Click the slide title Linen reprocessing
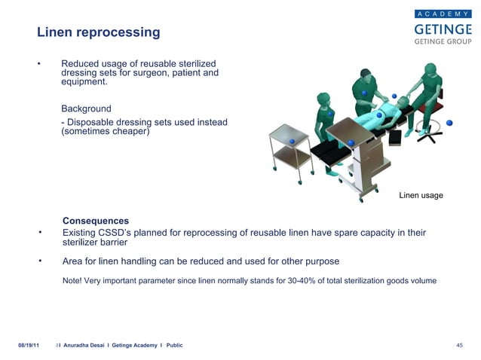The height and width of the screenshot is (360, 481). (99, 32)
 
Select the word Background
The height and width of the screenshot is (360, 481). (86, 108)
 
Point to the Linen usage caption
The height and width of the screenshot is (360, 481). (421, 196)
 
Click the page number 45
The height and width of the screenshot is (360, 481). (459, 344)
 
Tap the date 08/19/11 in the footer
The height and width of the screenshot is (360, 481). (29, 344)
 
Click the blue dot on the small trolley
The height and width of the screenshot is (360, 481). (292, 141)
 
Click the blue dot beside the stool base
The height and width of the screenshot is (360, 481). (449, 123)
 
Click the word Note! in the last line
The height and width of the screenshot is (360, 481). (73, 280)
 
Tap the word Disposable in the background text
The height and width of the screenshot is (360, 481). (93, 122)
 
